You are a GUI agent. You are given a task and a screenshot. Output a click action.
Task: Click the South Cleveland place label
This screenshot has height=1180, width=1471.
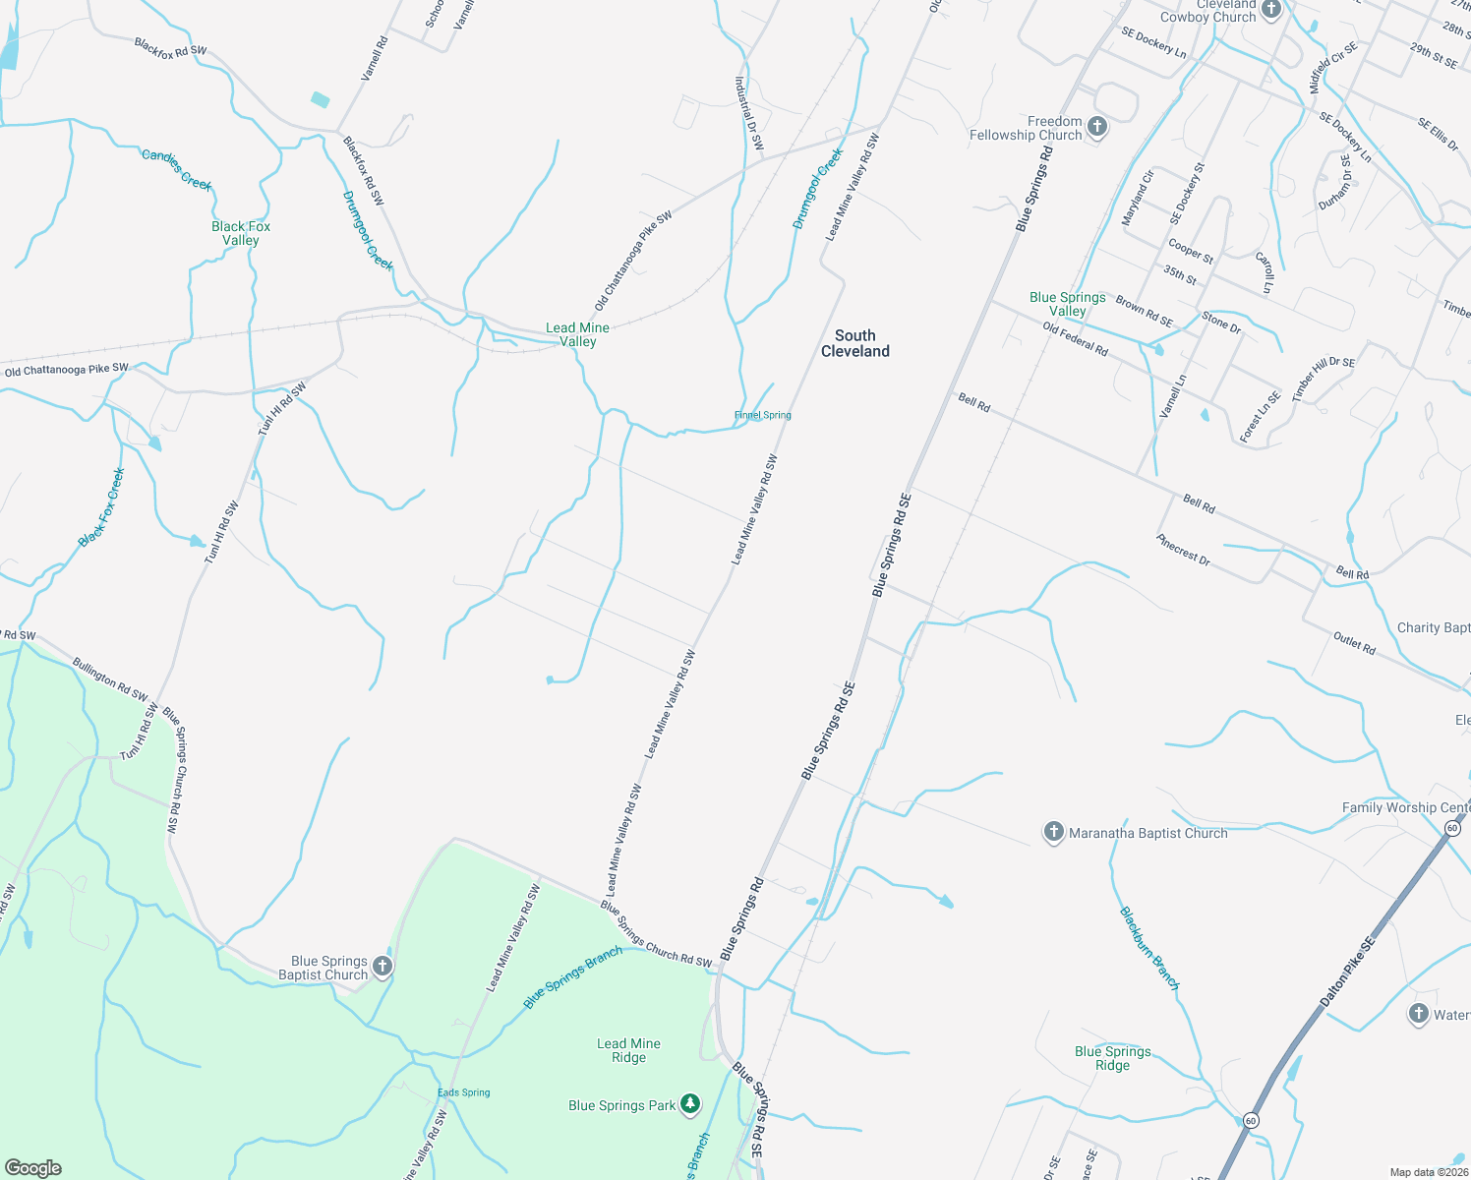tap(854, 343)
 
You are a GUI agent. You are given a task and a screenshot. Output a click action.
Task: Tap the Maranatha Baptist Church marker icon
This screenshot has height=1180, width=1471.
tap(1053, 833)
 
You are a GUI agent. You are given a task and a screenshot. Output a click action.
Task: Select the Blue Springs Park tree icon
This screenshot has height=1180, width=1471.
tap(690, 1105)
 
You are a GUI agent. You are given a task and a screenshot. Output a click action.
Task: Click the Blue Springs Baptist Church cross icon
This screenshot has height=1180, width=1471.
tap(382, 967)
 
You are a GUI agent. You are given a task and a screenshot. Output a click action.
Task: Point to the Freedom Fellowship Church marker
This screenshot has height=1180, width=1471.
tap(1097, 127)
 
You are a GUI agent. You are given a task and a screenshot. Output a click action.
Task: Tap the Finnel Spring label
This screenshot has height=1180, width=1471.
tap(762, 415)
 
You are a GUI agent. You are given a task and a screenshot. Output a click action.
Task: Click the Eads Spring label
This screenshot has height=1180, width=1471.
tap(463, 1092)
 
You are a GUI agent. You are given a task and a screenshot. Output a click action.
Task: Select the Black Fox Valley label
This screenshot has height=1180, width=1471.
tap(241, 233)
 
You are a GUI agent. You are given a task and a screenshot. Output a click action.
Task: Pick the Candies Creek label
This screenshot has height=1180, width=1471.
tap(177, 168)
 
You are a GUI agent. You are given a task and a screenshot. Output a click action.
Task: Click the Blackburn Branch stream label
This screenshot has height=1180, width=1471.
tap(1148, 948)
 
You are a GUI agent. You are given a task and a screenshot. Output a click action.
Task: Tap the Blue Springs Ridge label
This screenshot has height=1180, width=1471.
tap(1112, 1058)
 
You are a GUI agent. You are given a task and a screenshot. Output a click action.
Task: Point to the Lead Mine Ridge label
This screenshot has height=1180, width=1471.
tap(628, 1050)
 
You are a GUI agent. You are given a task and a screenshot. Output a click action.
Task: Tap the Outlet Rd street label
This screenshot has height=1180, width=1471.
tap(1354, 643)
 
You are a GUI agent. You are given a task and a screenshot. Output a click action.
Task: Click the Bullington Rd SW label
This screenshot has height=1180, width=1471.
tap(110, 679)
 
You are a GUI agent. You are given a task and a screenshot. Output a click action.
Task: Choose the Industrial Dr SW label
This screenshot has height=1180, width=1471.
tap(749, 114)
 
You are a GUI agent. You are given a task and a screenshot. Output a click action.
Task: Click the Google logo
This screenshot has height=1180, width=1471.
tap(33, 1168)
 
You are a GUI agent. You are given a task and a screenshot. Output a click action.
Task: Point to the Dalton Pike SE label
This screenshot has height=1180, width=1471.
tap(1347, 972)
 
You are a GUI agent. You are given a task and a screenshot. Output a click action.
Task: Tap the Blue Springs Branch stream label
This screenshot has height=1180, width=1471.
tap(572, 977)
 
